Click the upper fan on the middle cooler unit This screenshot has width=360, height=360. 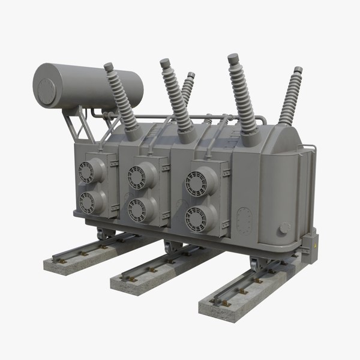point(137,177)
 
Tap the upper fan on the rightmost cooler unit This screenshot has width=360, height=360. point(196,183)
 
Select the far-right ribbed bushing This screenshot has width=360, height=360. point(290,99)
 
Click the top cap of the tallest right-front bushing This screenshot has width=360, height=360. point(233,58)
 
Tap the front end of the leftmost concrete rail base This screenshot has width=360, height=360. point(56,266)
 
